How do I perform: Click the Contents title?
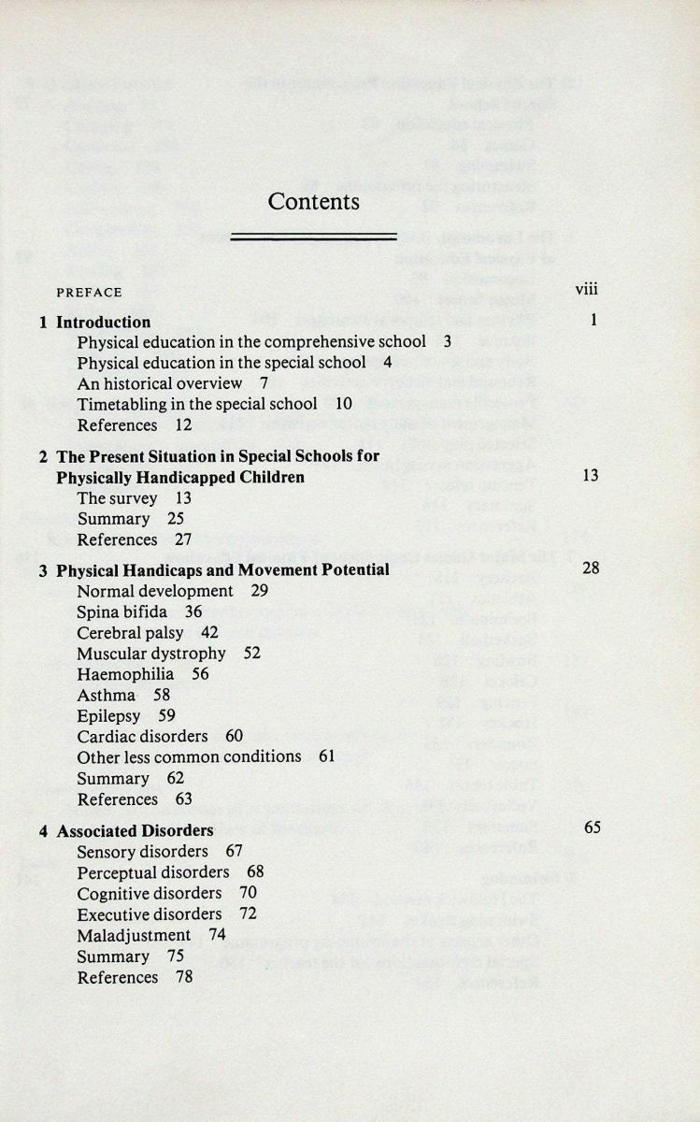point(313,201)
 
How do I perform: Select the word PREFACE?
point(89,293)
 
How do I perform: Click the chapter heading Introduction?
point(103,323)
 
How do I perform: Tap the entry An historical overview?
point(159,383)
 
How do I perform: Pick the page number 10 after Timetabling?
point(343,404)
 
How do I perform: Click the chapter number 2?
point(43,457)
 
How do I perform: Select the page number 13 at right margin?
point(590,476)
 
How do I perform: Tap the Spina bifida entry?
point(122,612)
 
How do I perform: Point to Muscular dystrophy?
point(151,654)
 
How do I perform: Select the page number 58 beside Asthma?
point(162,695)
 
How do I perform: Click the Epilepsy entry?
point(108,716)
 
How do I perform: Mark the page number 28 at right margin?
point(590,568)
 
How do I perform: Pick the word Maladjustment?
point(134,935)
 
